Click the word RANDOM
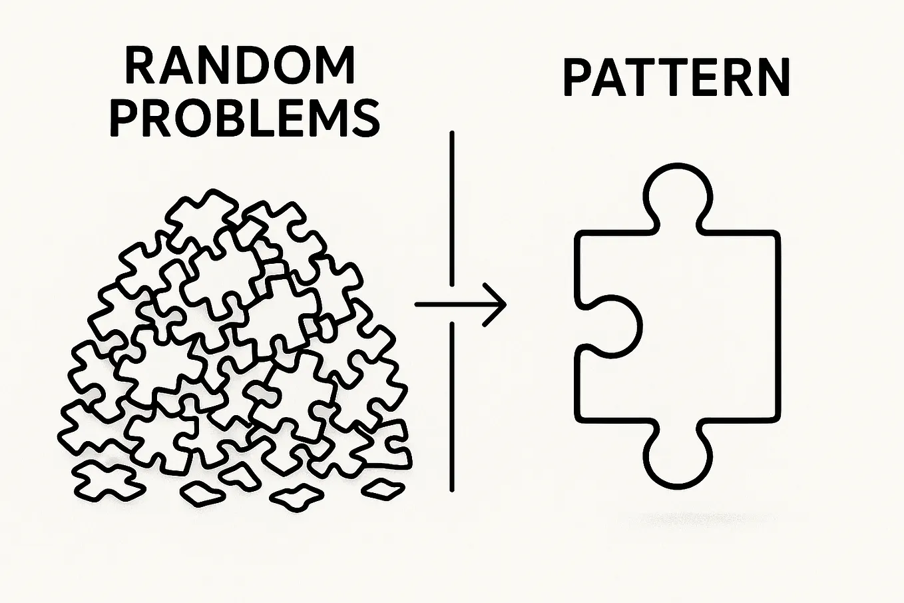pyautogui.click(x=240, y=65)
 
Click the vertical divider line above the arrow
pyautogui.click(x=451, y=209)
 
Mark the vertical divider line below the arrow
pyautogui.click(x=451, y=406)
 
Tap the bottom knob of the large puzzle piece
pyautogui.click(x=678, y=456)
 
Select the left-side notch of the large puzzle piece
pyautogui.click(x=640, y=326)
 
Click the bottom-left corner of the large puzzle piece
pyautogui.click(x=578, y=420)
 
